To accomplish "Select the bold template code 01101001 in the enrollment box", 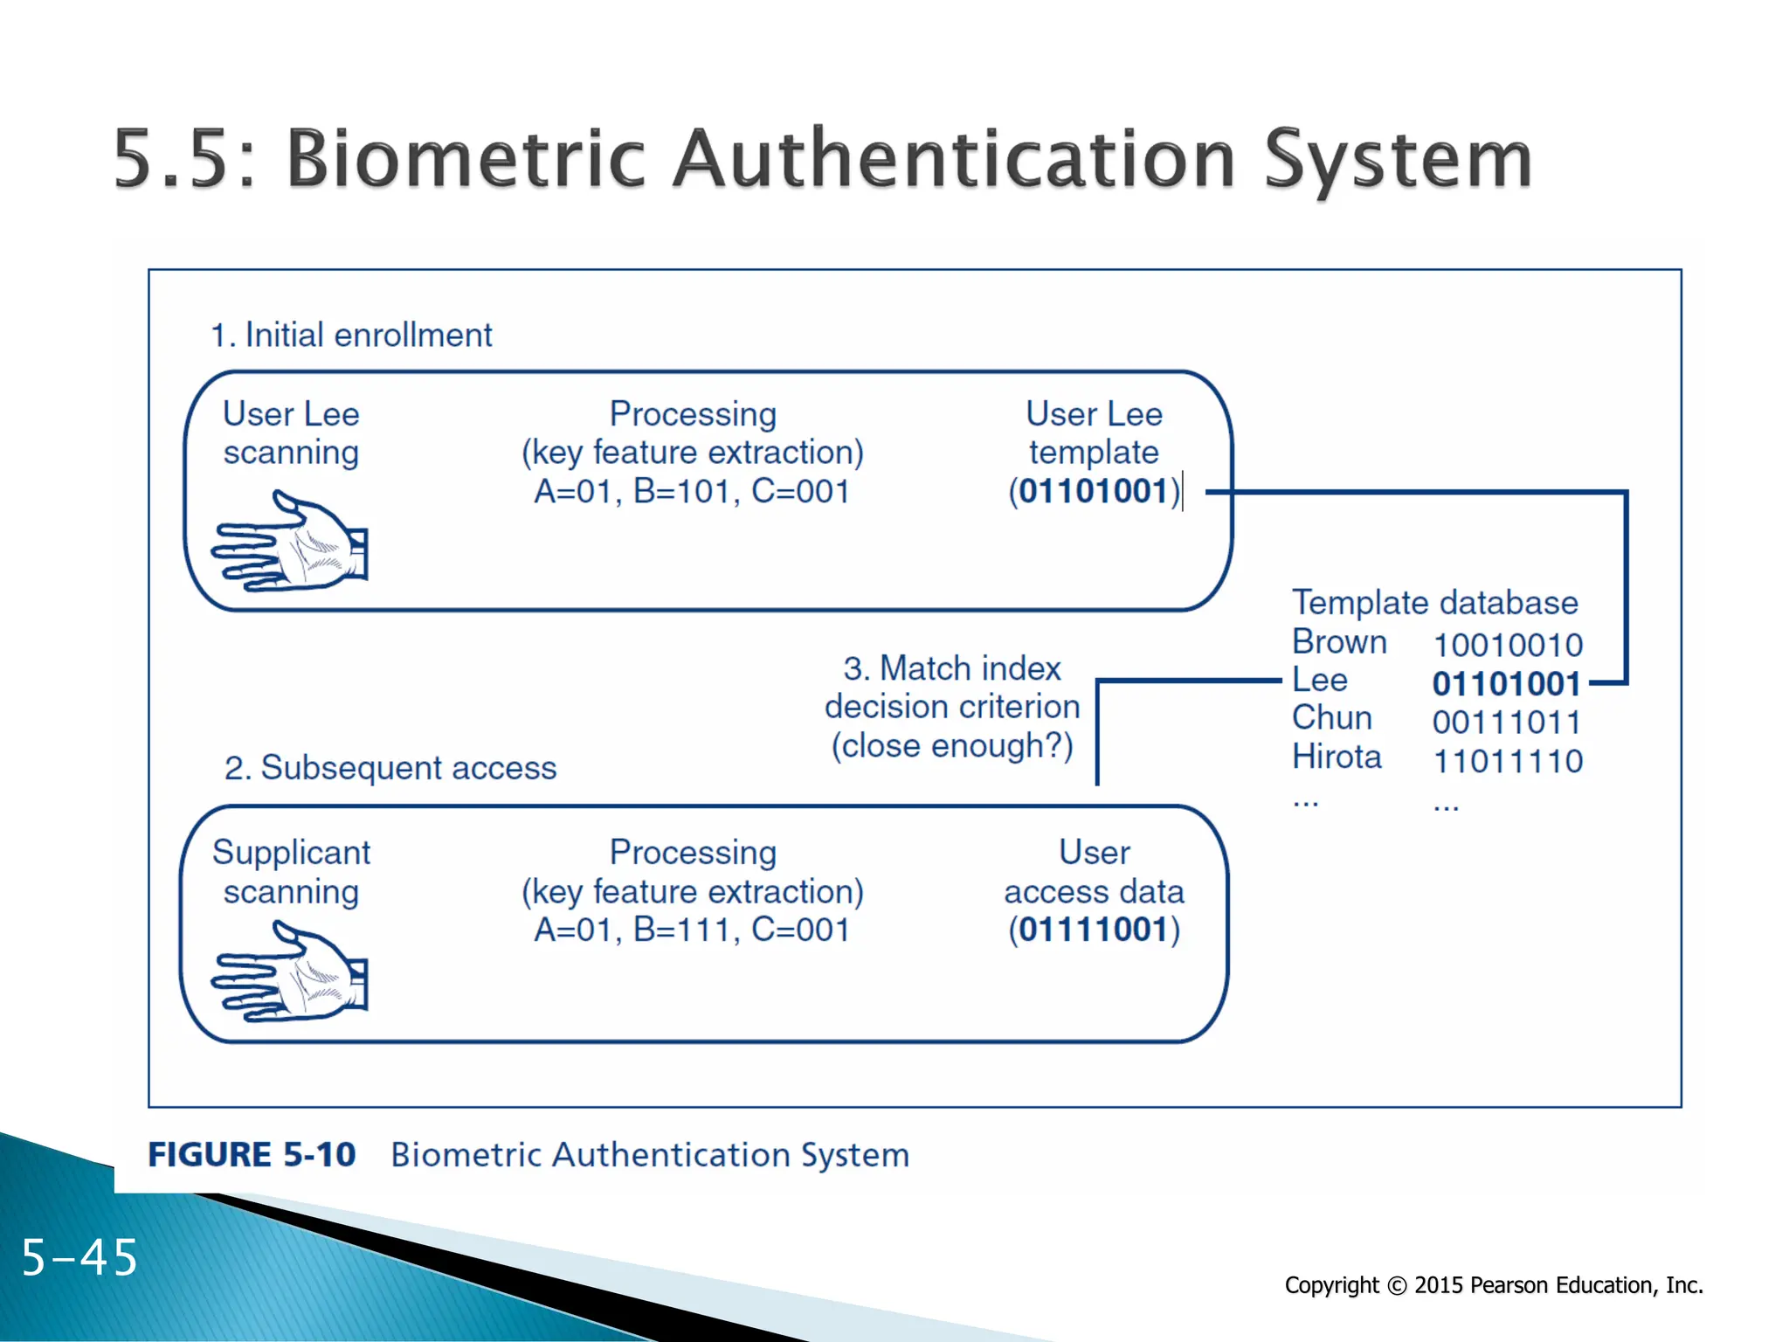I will (1093, 491).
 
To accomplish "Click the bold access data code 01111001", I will (1093, 930).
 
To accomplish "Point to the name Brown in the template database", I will (1339, 642).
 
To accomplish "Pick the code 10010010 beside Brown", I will (1508, 646).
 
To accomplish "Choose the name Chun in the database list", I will (1332, 718).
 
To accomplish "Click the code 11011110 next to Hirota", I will (1508, 761).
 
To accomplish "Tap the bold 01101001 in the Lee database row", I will (1507, 684).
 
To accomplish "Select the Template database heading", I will (1435, 603).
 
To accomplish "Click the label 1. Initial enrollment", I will (351, 335).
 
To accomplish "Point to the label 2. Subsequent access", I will (390, 768).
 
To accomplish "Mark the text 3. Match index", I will (952, 668).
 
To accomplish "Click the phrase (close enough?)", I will (952, 746).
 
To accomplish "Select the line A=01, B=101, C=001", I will (692, 492).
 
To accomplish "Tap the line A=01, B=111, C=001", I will (692, 930).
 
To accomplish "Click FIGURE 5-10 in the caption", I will (252, 1155).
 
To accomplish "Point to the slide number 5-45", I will (79, 1258).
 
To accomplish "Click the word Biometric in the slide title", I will (466, 159).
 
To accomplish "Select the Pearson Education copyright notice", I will (1493, 1285).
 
